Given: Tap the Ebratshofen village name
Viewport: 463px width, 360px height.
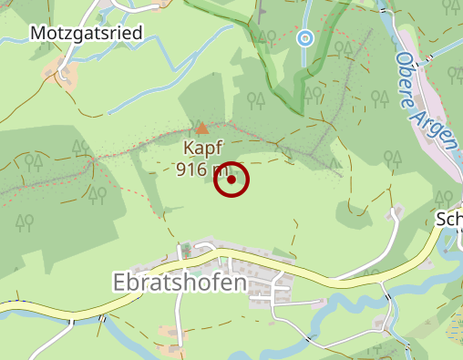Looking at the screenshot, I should point(180,283).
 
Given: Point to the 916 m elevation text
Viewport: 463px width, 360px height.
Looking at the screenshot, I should point(202,169).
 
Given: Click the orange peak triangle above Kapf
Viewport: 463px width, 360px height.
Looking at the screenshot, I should point(201,129).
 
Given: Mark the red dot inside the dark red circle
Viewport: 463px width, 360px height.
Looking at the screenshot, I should point(231,180).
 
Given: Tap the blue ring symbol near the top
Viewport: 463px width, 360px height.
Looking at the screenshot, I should point(305,38).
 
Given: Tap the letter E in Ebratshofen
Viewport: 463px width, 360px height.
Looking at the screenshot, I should point(119,283).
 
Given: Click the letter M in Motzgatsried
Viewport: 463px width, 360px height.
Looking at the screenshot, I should point(39,34).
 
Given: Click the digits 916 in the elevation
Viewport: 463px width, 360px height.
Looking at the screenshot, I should point(190,169).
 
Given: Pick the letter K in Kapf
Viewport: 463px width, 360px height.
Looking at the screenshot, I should point(190,149).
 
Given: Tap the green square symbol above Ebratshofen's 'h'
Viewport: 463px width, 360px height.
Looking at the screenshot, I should point(187,248).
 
